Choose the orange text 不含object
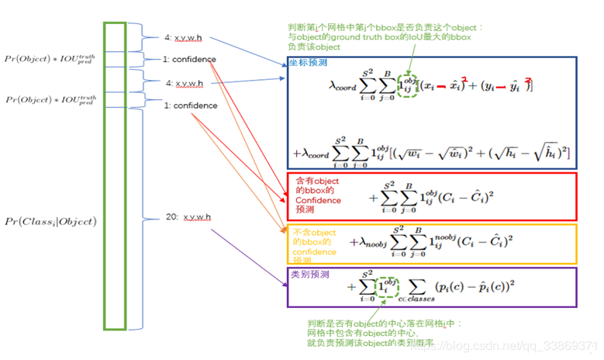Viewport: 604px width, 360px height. (x=313, y=231)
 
